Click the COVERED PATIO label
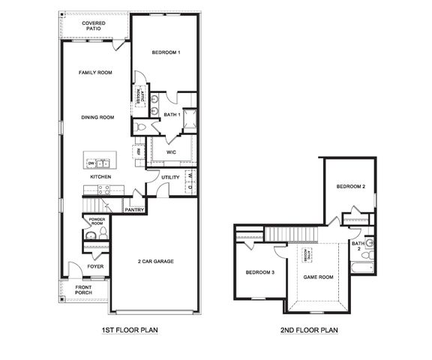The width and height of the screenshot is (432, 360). point(94,27)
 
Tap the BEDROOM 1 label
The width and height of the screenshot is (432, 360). point(166,52)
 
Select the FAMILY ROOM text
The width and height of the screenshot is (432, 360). point(95,73)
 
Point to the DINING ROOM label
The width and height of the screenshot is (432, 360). point(97,118)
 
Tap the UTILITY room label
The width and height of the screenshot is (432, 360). point(170,177)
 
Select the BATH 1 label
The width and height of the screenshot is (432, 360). point(172,115)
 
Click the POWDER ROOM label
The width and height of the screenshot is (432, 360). point(97,222)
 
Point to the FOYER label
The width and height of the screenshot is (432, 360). point(95,266)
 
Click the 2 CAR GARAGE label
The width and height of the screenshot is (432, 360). point(155,261)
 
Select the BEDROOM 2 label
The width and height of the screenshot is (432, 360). point(350,187)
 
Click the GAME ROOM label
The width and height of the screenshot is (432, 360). point(318,277)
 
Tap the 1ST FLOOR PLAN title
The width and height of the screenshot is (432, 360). point(129,329)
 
